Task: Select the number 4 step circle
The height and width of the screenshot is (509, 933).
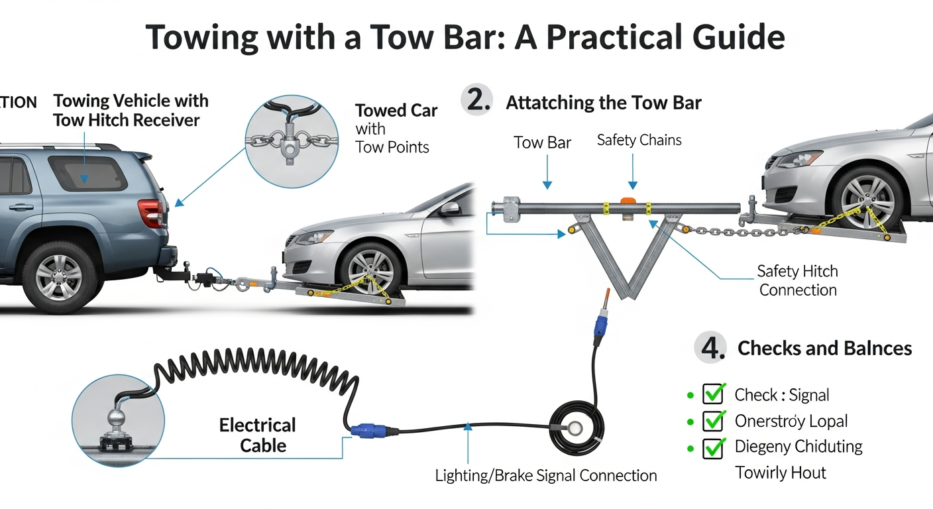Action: click(711, 348)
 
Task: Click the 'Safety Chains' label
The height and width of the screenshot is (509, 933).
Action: click(639, 140)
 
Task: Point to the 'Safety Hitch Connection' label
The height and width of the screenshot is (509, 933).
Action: click(798, 280)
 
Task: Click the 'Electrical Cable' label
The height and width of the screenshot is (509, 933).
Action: click(258, 435)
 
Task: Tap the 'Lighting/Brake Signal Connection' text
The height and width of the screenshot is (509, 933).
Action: click(545, 475)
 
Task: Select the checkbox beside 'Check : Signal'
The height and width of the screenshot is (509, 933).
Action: click(713, 395)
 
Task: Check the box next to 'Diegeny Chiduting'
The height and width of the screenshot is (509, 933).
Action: click(713, 447)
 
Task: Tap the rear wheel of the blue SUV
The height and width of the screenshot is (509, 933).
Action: click(60, 276)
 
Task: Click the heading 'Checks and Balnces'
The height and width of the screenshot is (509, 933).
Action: click(824, 348)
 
